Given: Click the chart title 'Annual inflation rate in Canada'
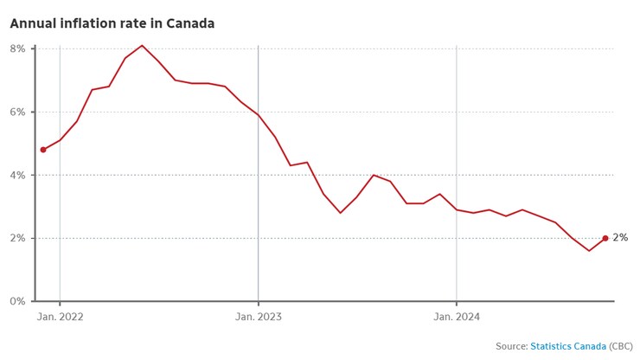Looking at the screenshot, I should tap(112, 23).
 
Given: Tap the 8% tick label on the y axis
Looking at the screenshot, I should tap(17, 48).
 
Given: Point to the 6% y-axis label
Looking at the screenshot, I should tap(17, 112).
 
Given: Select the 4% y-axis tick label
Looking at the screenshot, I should tap(17, 175).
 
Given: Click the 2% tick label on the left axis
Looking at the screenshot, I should tap(17, 238).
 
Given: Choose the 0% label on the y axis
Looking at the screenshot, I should tap(17, 301).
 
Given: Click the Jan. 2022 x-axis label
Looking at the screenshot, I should tap(60, 317).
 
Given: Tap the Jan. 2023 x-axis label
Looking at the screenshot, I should tap(258, 317).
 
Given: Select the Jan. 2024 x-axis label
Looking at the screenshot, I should tap(456, 317).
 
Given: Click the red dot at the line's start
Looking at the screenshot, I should tap(43, 150).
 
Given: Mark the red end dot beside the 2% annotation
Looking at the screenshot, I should tap(605, 238).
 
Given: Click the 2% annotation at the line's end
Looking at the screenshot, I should tap(620, 238).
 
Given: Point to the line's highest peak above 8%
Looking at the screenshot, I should tap(143, 45).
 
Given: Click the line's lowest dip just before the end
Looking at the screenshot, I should tap(589, 251).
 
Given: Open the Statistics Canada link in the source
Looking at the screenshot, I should tap(568, 346).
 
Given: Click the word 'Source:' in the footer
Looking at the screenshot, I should tap(511, 346).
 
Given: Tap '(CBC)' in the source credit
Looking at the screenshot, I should tap(621, 346).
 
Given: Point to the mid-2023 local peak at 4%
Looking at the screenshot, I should tap(374, 175).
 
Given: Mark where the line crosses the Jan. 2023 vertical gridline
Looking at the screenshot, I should tap(258, 114).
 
